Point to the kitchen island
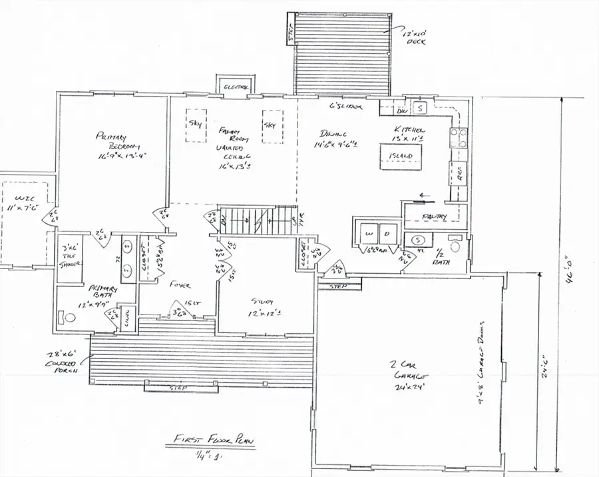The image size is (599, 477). point(401,156)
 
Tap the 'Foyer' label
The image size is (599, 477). point(180,285)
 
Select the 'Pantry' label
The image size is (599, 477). point(434,216)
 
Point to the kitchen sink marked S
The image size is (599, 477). point(421,107)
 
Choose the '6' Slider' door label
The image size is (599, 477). point(346,107)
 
